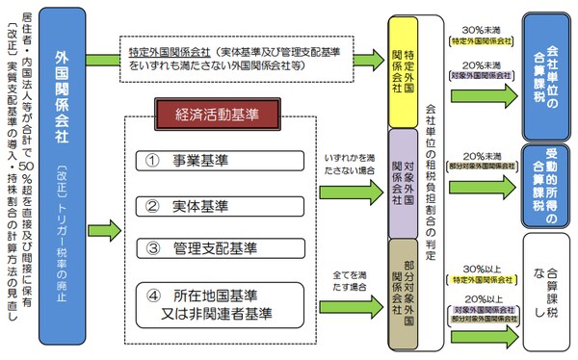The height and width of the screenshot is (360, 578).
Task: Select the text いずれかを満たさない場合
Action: click(x=348, y=165)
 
